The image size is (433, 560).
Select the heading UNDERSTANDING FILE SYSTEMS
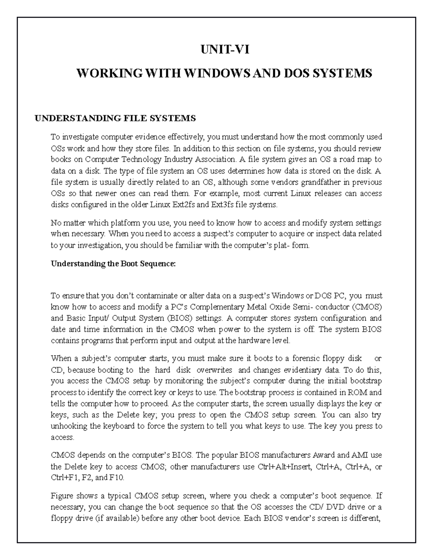coord(115,118)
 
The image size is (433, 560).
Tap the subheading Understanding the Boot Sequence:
coord(113,264)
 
